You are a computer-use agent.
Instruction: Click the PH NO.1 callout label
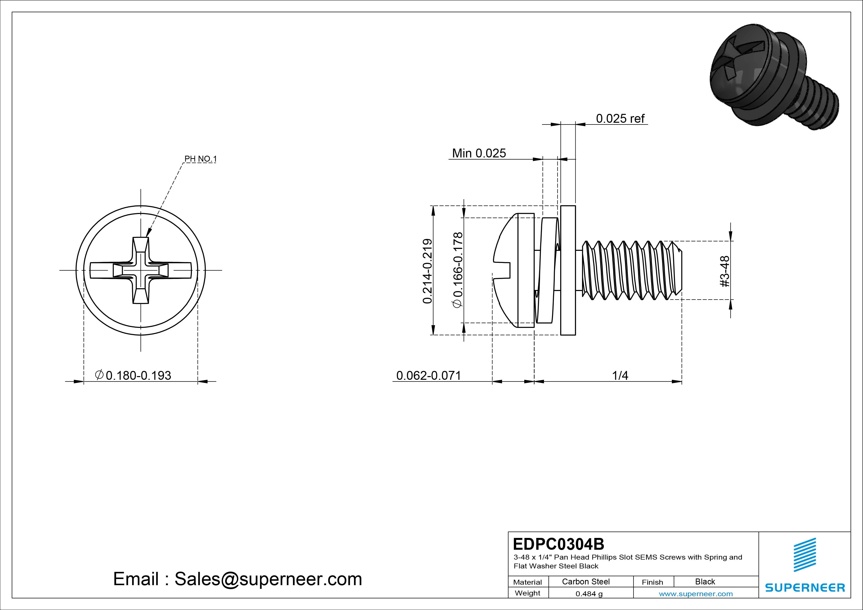(x=200, y=159)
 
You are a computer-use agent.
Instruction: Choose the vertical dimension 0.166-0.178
(x=458, y=271)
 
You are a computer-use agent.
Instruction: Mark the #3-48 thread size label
(x=725, y=271)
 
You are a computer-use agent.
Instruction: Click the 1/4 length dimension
(x=620, y=375)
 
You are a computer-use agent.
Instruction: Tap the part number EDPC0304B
(x=558, y=544)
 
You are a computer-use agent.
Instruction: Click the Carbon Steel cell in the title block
(x=585, y=581)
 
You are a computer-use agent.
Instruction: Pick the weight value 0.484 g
(x=589, y=594)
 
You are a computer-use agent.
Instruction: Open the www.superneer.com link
(x=695, y=594)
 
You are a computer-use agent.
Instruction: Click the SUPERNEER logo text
(x=805, y=587)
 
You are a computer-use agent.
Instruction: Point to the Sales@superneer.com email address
(x=268, y=579)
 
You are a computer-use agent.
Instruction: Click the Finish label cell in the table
(x=652, y=582)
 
